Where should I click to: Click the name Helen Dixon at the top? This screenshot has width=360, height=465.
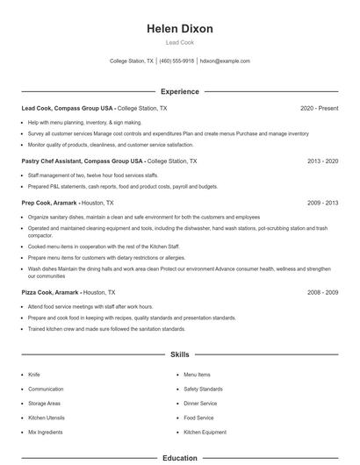coord(180,29)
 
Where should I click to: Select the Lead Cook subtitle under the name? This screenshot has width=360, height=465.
coord(180,42)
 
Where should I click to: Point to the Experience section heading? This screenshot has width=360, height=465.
coord(180,91)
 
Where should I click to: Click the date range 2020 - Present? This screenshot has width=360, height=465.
coord(319,108)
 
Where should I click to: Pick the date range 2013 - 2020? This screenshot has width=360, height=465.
coord(322,161)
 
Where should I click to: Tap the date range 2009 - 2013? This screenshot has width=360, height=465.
coord(322,202)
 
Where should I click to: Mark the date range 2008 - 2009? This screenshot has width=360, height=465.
coord(322,292)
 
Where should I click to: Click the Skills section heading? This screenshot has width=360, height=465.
coord(180,354)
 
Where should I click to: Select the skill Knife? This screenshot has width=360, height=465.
coord(34,375)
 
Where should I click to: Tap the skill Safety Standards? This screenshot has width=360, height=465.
coord(203,389)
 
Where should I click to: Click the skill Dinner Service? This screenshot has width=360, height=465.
coord(200,404)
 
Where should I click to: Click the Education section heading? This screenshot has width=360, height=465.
coord(180,458)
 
